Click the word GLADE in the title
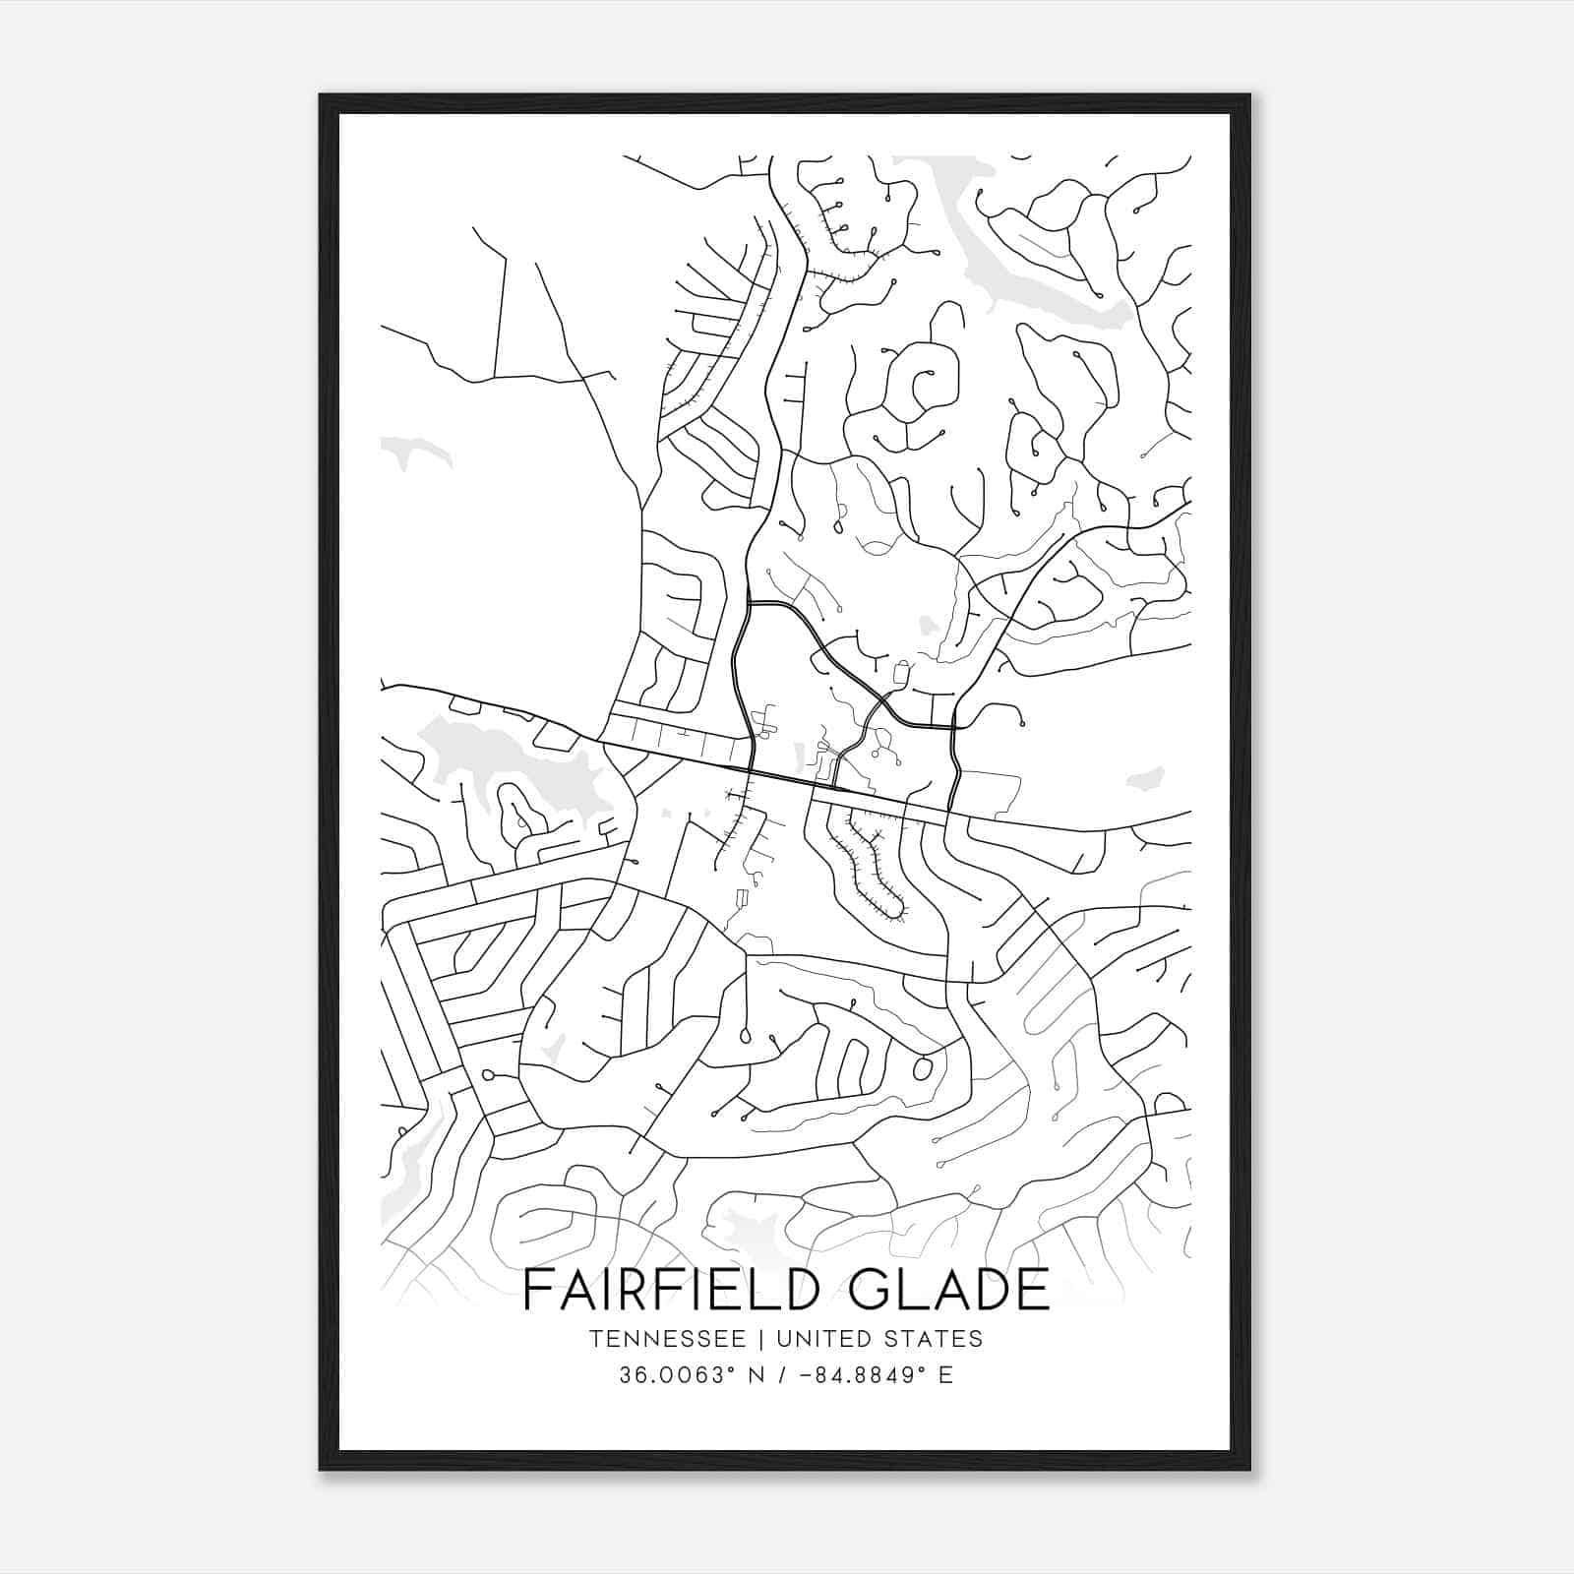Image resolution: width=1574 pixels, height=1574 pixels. pos(949,1290)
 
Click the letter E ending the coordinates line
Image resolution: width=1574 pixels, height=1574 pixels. pos(946,1375)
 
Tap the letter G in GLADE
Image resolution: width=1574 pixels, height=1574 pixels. pos(870,1290)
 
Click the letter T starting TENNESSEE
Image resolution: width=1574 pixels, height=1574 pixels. pos(596,1339)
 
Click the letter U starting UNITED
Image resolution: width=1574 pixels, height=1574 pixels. pos(784,1339)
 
